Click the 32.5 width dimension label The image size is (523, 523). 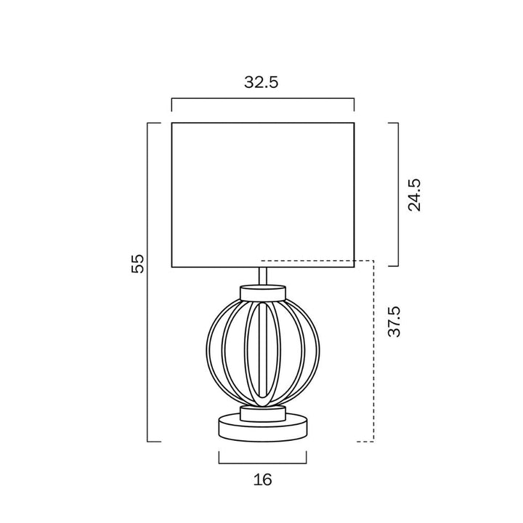[261, 82]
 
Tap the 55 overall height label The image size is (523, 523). [137, 264]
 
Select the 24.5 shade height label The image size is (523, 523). [415, 195]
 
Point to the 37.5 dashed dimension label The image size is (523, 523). [394, 321]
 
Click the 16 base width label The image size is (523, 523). [262, 479]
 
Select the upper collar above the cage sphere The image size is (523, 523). [263, 292]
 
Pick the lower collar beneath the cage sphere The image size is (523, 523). [263, 413]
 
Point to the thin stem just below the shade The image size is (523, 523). [263, 276]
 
